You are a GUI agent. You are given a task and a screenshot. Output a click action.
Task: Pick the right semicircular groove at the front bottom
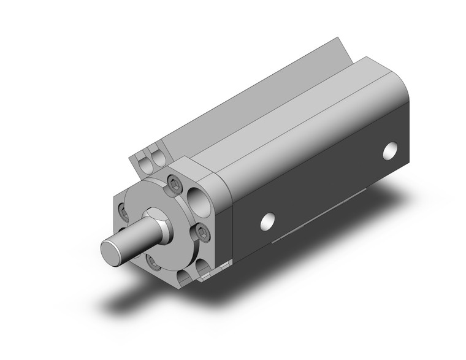coord(202,269)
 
